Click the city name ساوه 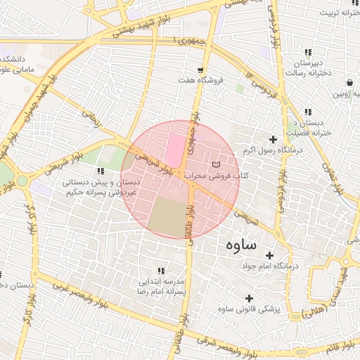point(243,245)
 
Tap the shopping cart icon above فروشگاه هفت point(201,70)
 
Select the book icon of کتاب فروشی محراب point(215,164)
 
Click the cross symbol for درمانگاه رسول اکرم point(274,139)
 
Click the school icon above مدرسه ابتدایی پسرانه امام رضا point(161,270)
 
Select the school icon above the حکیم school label point(101,171)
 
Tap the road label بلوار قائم point(345,345)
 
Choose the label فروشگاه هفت point(201,81)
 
